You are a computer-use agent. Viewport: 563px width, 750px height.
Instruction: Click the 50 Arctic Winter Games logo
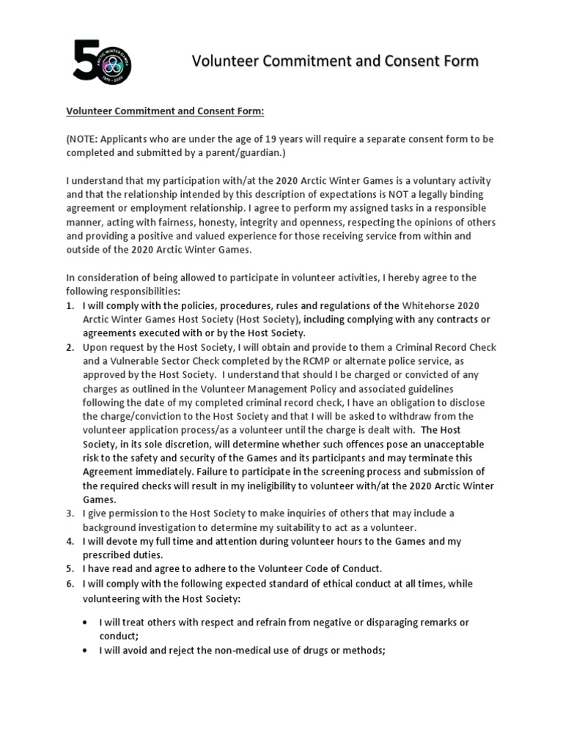coord(103,60)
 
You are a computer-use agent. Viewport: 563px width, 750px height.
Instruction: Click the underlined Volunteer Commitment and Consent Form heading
coord(165,111)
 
